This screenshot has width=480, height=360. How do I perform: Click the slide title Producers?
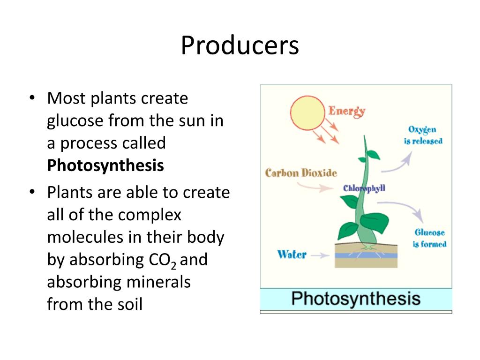coord(240,46)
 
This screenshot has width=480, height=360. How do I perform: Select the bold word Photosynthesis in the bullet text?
coord(105,165)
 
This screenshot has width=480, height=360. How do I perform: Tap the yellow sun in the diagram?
coord(307,112)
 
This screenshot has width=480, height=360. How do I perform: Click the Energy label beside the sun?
coord(346,111)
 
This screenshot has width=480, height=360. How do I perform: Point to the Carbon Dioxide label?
coord(301,173)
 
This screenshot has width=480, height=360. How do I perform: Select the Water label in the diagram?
coord(292,255)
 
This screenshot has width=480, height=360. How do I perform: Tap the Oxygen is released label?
coord(423,135)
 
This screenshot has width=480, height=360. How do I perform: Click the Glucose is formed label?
coord(429,238)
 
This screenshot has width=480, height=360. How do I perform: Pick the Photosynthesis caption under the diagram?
coord(356,299)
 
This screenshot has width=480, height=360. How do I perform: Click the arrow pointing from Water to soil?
coord(320,255)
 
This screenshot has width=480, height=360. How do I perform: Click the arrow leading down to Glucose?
coord(408,211)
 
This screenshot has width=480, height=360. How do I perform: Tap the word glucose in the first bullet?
coord(75,121)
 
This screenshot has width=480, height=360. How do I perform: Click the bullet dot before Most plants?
coord(32,98)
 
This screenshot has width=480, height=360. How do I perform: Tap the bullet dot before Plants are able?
coord(32,192)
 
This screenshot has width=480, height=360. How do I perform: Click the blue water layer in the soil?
coord(366,256)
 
